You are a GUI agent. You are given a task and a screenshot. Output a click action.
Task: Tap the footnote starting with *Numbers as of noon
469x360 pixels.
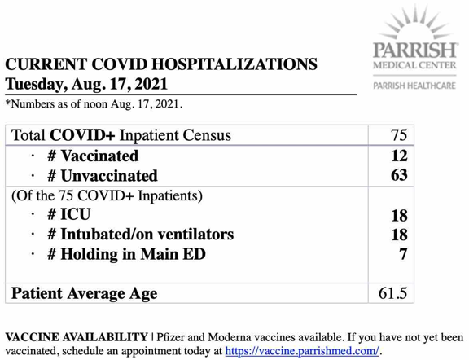tap(94, 105)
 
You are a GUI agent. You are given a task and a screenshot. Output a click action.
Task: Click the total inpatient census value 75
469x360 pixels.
tap(398, 135)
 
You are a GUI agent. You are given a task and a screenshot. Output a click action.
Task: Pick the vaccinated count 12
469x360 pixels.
tap(398, 155)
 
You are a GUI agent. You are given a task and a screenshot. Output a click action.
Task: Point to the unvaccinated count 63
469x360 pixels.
tap(398, 174)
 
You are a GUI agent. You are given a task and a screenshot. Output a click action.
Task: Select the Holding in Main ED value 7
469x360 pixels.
tap(401, 255)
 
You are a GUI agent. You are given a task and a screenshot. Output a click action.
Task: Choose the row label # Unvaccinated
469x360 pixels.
tap(101, 174)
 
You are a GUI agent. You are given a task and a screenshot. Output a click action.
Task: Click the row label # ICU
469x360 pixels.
tap(72, 215)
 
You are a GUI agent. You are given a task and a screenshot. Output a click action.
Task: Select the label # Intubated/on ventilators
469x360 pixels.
tap(139, 235)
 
